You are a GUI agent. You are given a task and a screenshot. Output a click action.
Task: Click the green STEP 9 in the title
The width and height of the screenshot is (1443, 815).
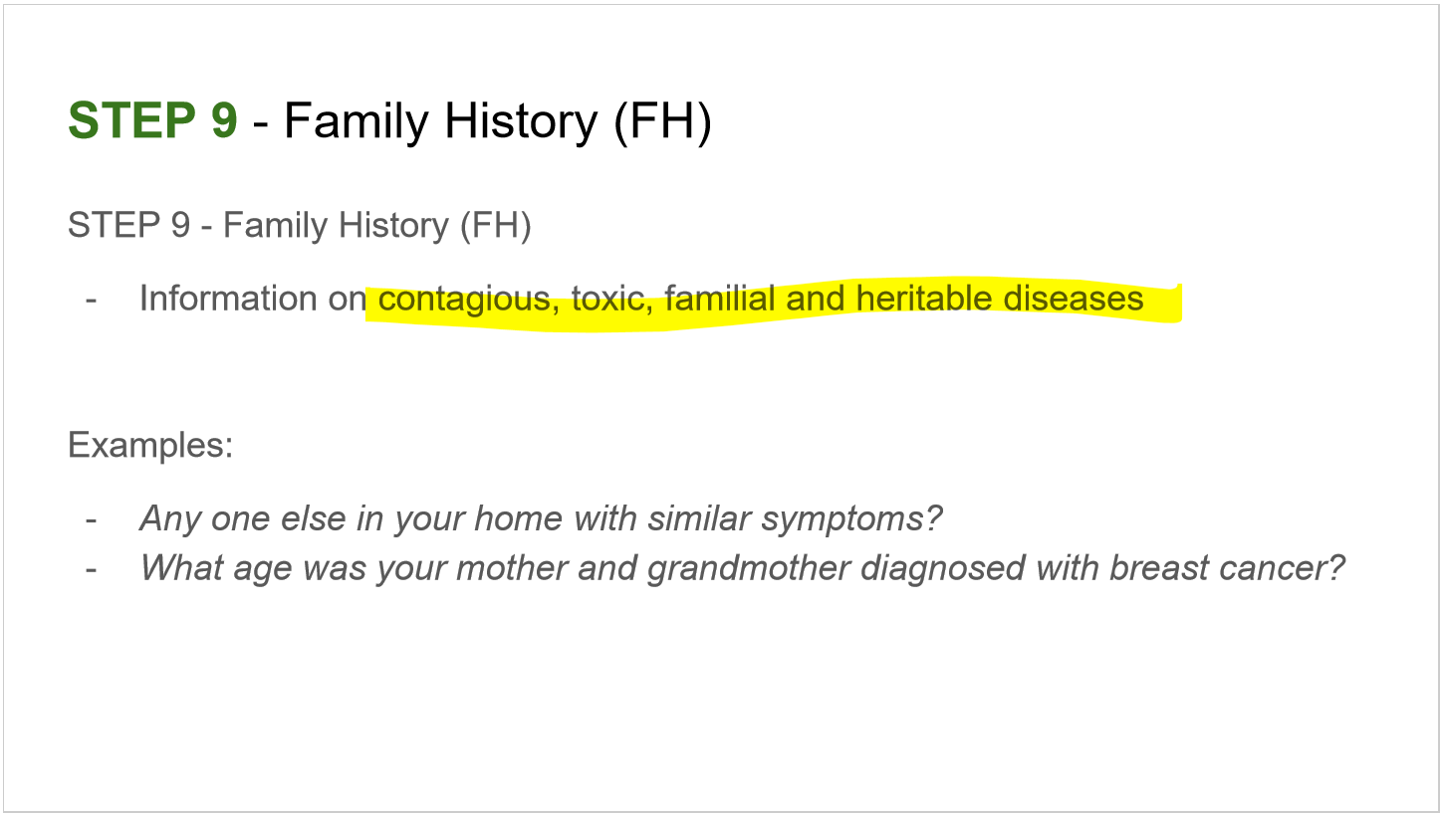pyautogui.click(x=152, y=121)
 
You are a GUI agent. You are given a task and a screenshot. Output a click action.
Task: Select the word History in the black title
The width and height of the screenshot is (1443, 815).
pyautogui.click(x=520, y=121)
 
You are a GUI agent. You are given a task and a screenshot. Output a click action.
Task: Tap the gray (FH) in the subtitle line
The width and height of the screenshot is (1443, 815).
pyautogui.click(x=495, y=225)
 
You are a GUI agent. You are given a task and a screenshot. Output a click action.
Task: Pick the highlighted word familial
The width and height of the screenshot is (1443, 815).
pyautogui.click(x=721, y=299)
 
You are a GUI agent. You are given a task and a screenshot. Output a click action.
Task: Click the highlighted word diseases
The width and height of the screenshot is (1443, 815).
pyautogui.click(x=1074, y=299)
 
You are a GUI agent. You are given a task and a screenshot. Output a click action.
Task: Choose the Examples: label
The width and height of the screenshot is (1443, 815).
pyautogui.click(x=150, y=444)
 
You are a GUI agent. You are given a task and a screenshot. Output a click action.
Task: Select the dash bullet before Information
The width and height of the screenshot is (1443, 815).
pyautogui.click(x=92, y=299)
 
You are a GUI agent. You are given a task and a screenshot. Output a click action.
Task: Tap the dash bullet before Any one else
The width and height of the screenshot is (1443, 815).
pyautogui.click(x=92, y=518)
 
